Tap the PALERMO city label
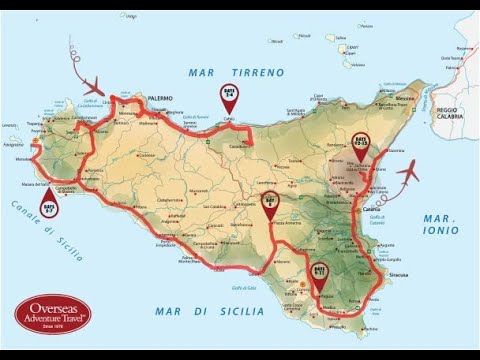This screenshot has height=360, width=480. (x=160, y=98)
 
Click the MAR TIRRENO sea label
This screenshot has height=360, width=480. (x=236, y=72)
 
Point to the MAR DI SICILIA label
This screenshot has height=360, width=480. (x=210, y=312)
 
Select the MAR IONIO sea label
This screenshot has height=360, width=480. (x=440, y=224)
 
